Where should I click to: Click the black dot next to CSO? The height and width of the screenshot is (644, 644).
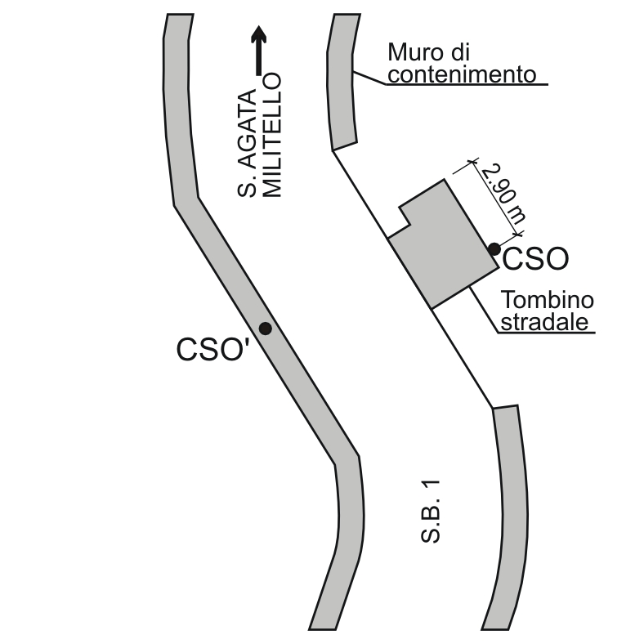click(494, 249)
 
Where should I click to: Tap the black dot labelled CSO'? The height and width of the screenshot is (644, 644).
click(266, 329)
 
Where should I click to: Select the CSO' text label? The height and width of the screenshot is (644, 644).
click(212, 349)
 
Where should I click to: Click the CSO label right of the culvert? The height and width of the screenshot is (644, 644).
click(535, 259)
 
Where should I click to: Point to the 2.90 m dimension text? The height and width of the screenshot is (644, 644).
click(503, 193)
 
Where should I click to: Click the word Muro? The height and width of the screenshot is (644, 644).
click(417, 52)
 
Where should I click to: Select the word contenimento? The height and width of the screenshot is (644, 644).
click(462, 74)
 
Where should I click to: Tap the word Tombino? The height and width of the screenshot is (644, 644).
click(547, 299)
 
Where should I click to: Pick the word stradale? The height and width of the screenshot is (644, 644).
click(544, 321)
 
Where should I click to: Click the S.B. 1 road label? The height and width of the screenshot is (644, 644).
click(431, 512)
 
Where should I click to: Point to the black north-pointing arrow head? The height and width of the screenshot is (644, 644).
click(258, 34)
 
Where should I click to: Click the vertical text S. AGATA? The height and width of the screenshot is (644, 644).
click(247, 143)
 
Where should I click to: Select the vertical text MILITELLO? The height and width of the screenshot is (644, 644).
click(272, 135)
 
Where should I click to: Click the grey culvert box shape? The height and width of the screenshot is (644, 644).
click(444, 244)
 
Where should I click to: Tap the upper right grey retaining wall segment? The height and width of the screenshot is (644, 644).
click(342, 83)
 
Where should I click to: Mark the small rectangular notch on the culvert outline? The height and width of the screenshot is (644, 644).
click(405, 217)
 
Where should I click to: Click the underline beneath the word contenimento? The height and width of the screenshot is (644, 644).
click(467, 84)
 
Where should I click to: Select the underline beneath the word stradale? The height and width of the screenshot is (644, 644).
click(547, 333)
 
